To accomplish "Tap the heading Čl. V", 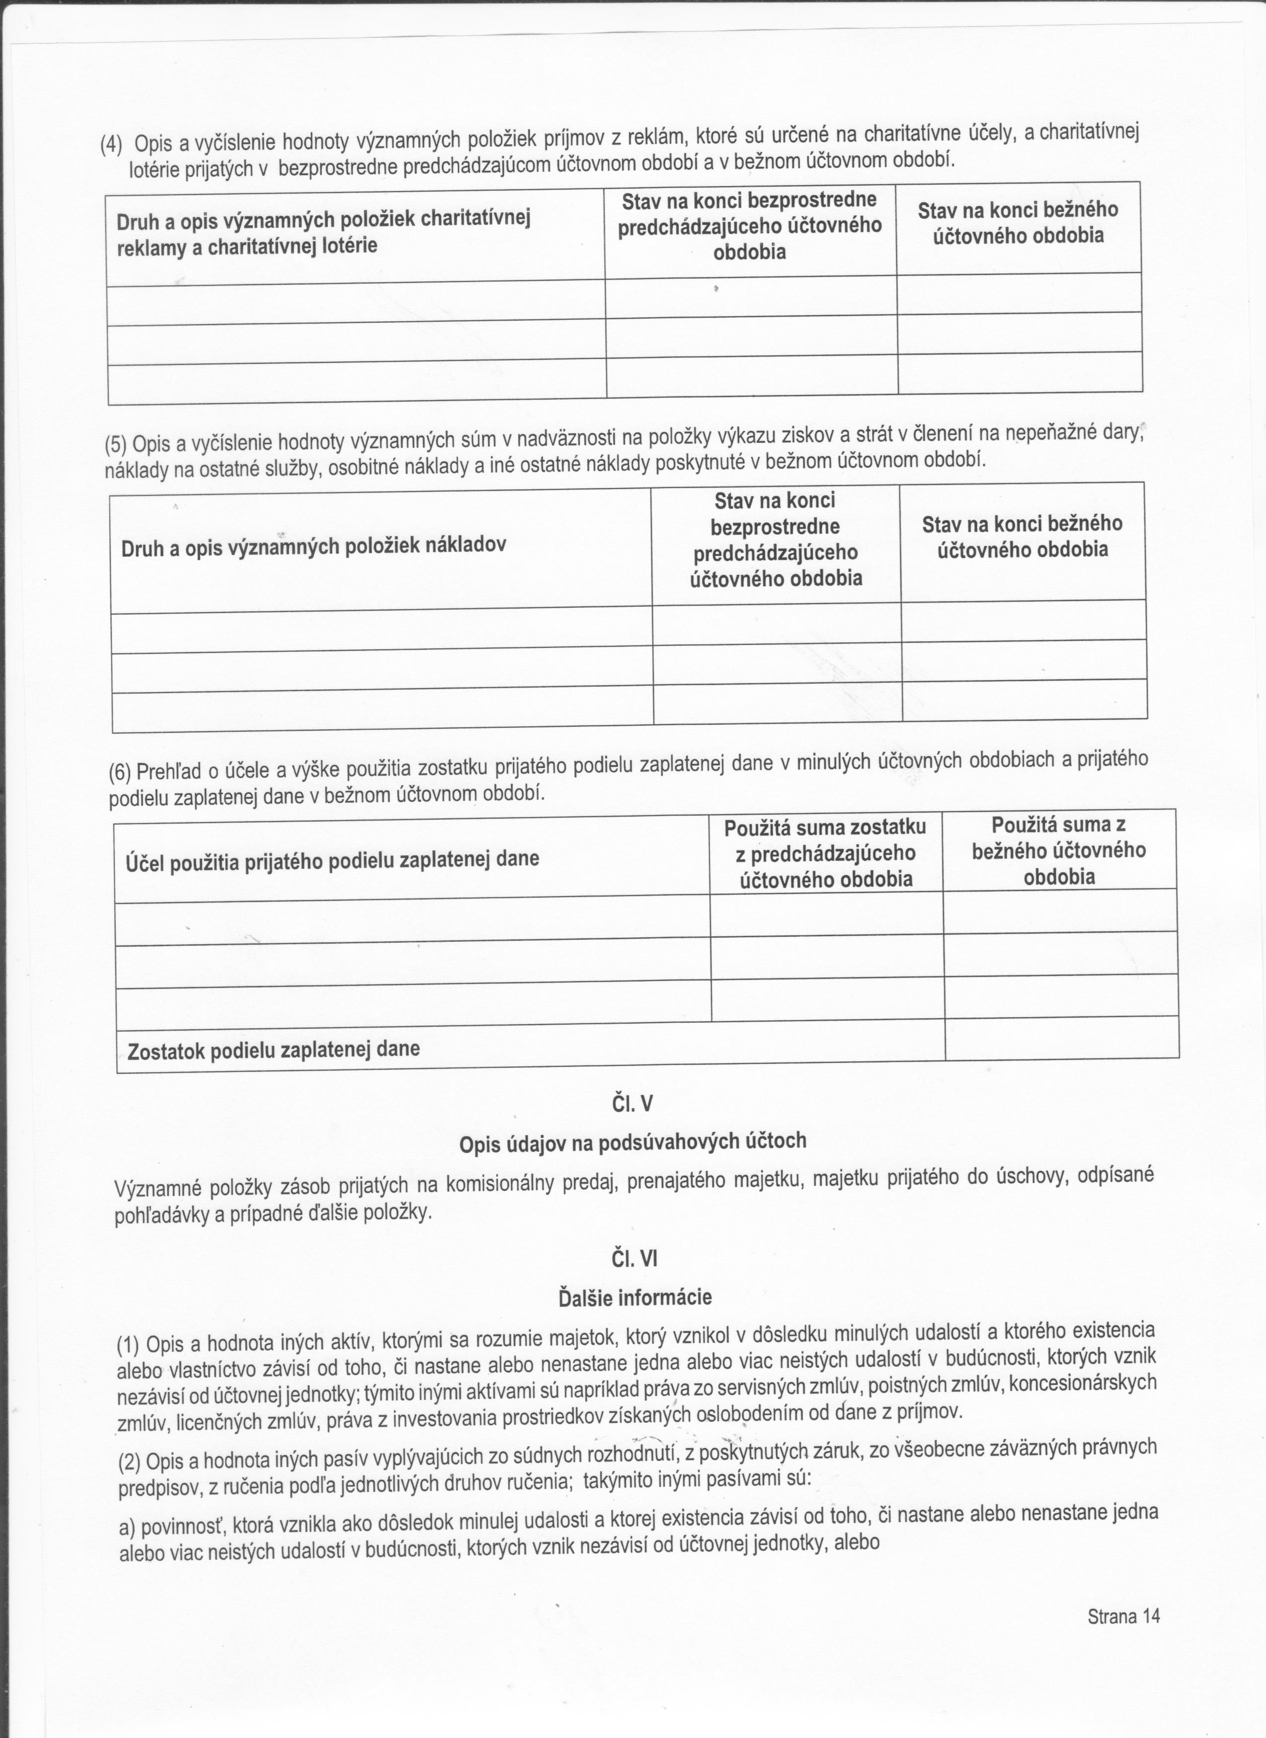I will tap(632, 1104).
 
